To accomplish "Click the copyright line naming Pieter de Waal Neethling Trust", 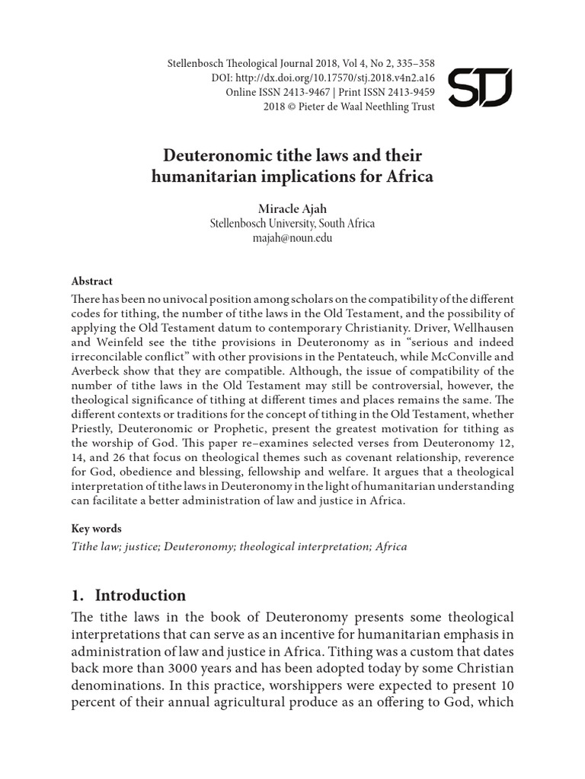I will [349, 107].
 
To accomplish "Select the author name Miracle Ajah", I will [292, 209].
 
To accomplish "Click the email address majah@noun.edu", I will [292, 238].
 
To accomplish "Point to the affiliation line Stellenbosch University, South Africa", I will [292, 224].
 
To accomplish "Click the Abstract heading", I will [92, 281].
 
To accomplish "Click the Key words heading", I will [96, 528].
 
